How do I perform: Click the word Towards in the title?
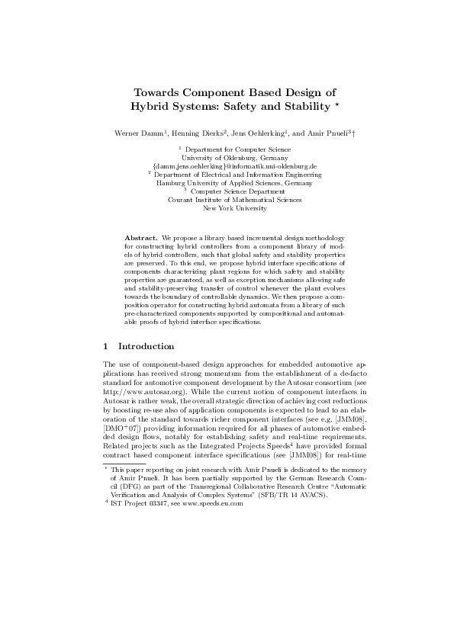pyautogui.click(x=155, y=91)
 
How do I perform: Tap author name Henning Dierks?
pyautogui.click(x=198, y=133)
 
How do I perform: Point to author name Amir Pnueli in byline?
pyautogui.click(x=325, y=133)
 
